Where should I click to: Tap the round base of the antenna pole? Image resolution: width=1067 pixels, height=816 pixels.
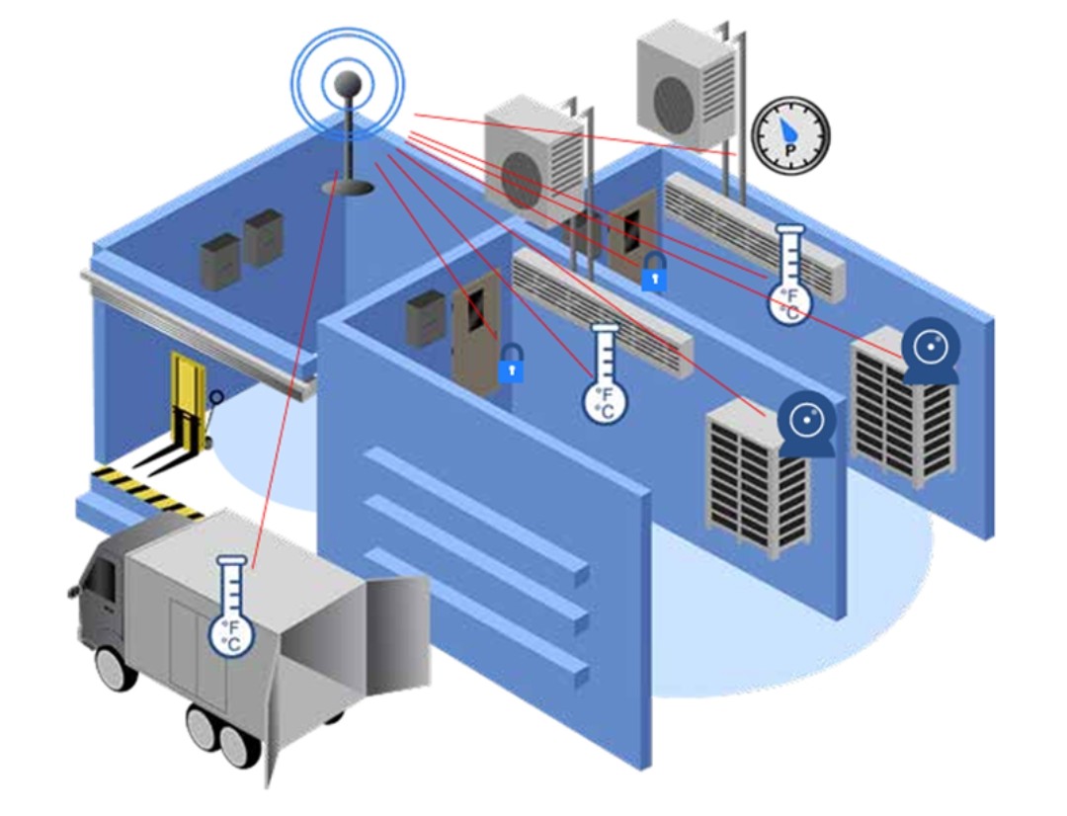pos(347,187)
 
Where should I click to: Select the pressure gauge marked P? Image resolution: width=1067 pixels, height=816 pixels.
pos(790,136)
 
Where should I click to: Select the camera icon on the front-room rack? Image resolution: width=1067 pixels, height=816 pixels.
pos(807,424)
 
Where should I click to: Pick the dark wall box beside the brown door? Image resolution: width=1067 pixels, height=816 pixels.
pos(425,317)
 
